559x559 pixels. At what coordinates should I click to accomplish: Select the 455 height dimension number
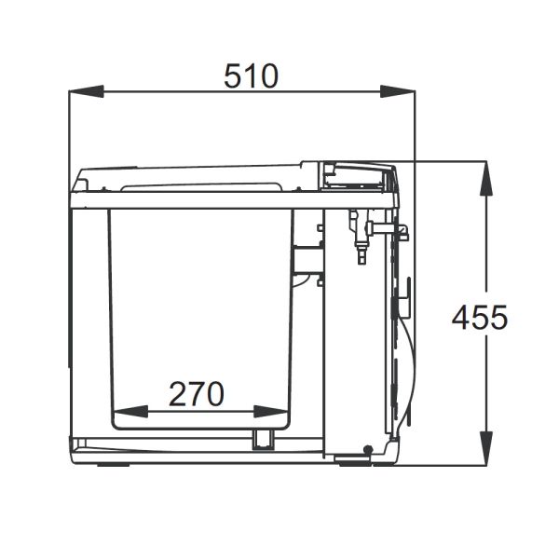coord(480,318)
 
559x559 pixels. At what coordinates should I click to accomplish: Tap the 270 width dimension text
coord(197,395)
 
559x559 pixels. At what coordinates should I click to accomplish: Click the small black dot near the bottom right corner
coord(369,450)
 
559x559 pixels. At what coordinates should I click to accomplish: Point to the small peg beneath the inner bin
coord(261,440)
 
